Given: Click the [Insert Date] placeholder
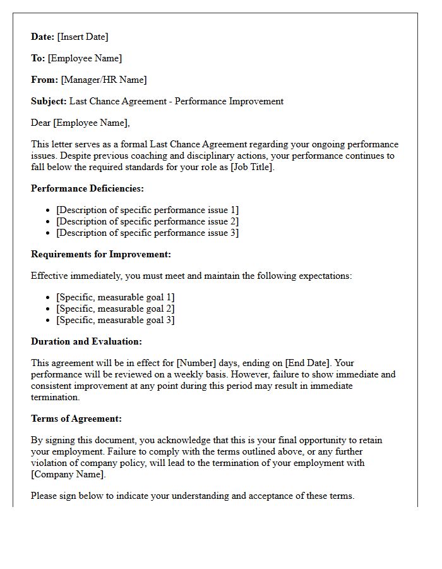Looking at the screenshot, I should pyautogui.click(x=83, y=37).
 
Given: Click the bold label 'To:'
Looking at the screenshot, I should pyautogui.click(x=38, y=58).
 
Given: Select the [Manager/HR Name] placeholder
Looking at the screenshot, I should pyautogui.click(x=104, y=80).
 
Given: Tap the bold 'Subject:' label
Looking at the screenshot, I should pyautogui.click(x=49, y=101).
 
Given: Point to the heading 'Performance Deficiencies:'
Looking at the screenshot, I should pyautogui.click(x=87, y=188).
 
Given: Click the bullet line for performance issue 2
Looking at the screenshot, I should pyautogui.click(x=147, y=221).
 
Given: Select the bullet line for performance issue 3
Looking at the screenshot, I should pyautogui.click(x=147, y=233).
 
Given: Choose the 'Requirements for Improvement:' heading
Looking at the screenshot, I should pyautogui.click(x=101, y=254).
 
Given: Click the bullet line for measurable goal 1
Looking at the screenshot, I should pyautogui.click(x=115, y=297).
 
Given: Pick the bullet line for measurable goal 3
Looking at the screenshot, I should pyautogui.click(x=115, y=320).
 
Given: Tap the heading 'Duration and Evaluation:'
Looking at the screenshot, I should pyautogui.click(x=87, y=341).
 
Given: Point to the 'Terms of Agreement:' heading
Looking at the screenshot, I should pyautogui.click(x=76, y=419).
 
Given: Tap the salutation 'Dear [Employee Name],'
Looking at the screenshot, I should pyautogui.click(x=80, y=123).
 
